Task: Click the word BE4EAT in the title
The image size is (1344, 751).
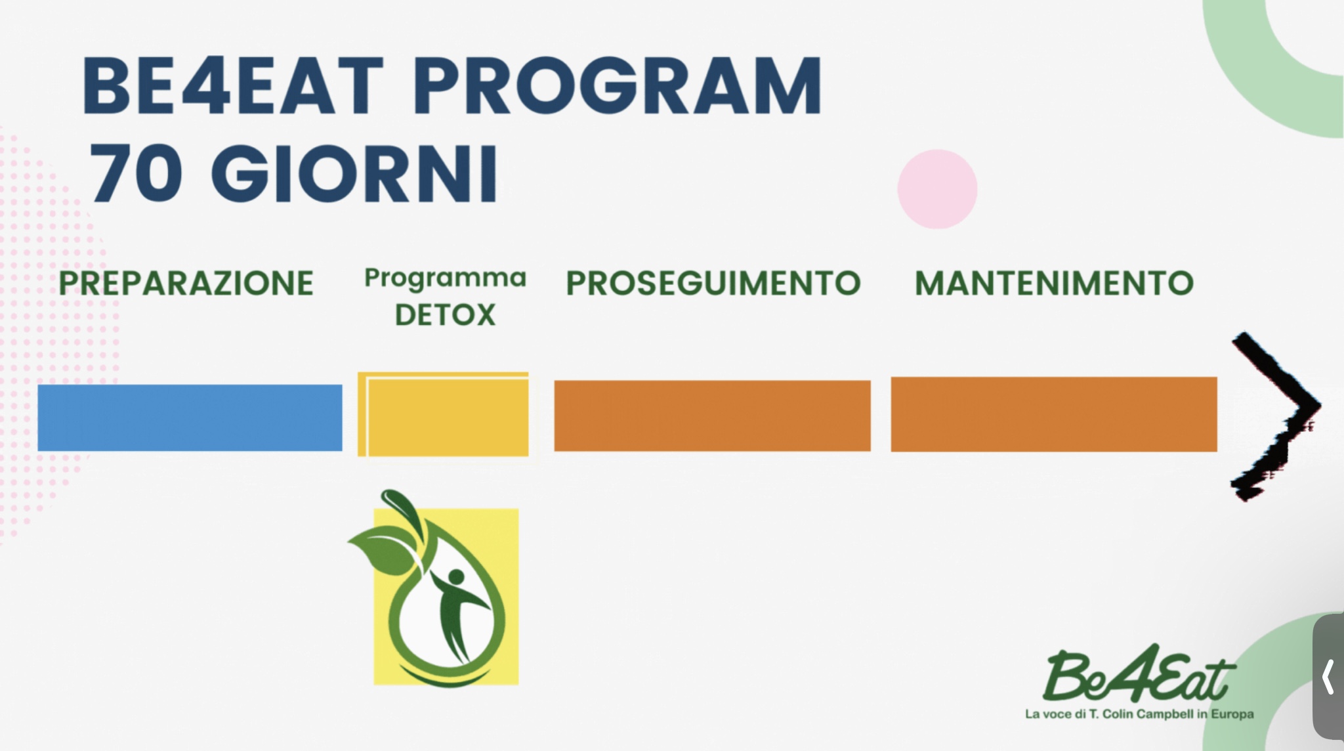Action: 233,85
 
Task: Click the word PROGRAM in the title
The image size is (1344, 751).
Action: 618,85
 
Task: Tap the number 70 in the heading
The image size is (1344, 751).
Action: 136,174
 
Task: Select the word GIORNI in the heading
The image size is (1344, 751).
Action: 354,174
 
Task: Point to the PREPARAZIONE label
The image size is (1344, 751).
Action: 186,284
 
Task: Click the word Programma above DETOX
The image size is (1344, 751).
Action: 446,278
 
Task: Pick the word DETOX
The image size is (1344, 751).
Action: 445,315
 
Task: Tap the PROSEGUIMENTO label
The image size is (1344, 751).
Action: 713,284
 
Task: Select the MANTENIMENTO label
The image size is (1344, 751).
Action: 1054,284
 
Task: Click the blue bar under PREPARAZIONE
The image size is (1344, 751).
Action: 190,418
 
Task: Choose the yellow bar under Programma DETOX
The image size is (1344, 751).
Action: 443,414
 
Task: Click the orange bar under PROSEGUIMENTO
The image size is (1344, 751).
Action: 712,416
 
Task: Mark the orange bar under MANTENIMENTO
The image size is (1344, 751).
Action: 1053,414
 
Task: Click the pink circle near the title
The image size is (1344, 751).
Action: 937,189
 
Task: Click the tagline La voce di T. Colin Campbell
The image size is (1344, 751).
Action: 1139,714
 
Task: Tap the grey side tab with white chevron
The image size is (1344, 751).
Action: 1328,677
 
